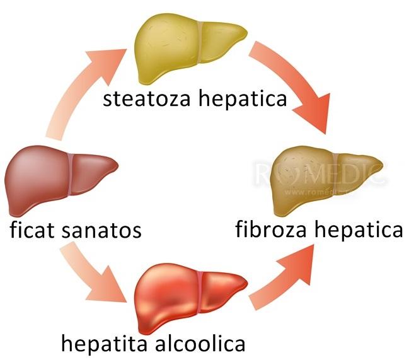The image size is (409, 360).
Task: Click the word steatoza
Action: [x=145, y=98]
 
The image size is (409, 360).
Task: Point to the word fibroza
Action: [x=272, y=229]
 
